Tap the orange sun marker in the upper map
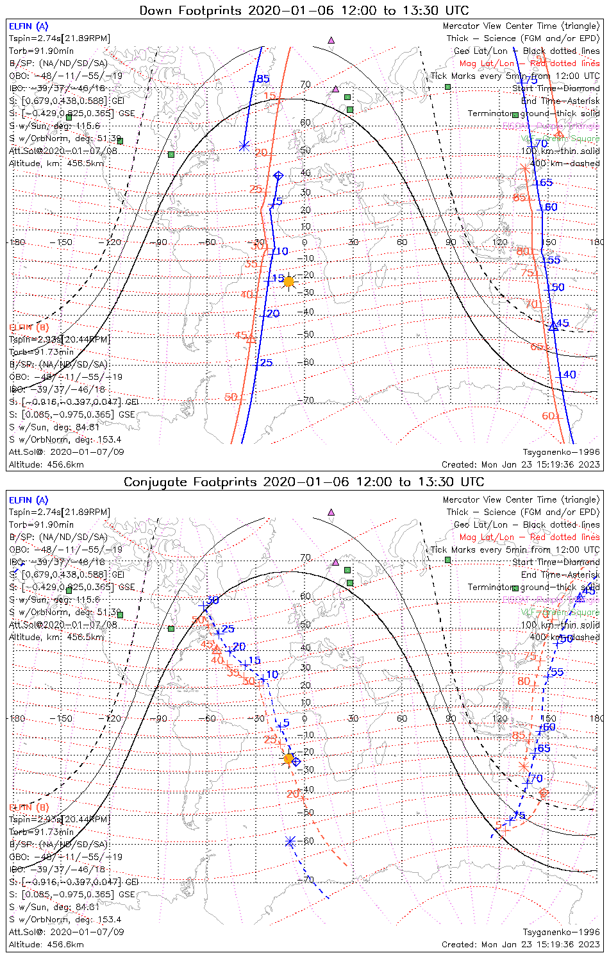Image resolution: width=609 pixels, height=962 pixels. [288, 282]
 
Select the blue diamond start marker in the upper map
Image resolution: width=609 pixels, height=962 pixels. [278, 176]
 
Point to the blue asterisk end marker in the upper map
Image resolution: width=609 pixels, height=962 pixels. [244, 146]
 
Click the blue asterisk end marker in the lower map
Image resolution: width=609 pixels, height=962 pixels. [290, 841]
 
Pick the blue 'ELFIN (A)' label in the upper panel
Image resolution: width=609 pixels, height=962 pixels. [28, 26]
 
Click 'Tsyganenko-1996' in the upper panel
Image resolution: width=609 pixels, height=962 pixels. [561, 452]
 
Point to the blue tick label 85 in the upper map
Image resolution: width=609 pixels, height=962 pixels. [263, 79]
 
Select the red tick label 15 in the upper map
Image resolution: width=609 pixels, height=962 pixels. [270, 96]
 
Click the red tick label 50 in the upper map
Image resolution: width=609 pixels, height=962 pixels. [231, 398]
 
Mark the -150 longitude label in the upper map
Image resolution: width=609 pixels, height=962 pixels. [65, 242]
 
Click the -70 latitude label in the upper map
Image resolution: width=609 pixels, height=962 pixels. [308, 400]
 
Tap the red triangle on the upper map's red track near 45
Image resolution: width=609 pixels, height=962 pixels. [251, 338]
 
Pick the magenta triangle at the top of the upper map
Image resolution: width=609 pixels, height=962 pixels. [331, 40]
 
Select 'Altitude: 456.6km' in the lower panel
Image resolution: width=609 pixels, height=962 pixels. [46, 944]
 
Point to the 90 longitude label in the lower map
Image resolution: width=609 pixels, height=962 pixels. [451, 718]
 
